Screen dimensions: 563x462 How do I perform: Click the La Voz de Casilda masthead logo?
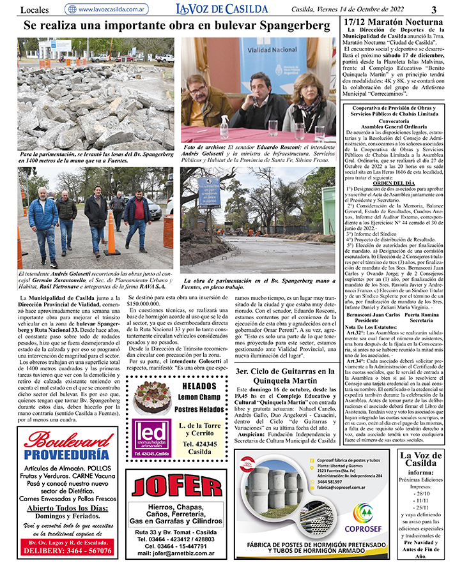tap(222, 9)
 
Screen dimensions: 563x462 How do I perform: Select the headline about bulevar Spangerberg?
tap(173, 26)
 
